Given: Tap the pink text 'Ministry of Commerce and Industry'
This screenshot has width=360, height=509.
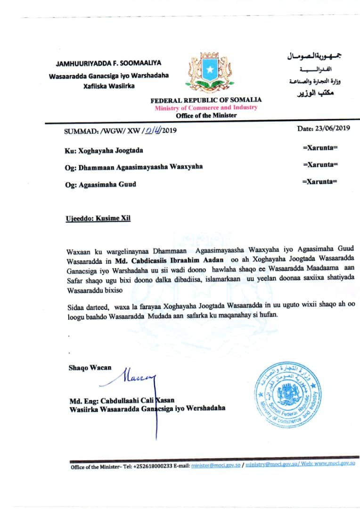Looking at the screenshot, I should [x=206, y=108].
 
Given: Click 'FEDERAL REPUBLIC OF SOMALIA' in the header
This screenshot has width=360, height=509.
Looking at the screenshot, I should [x=206, y=100].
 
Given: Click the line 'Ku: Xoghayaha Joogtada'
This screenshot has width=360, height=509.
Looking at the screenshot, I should [x=104, y=150].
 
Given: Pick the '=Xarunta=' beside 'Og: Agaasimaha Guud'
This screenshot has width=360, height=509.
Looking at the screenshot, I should [x=320, y=181].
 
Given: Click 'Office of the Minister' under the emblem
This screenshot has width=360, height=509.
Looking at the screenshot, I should [x=206, y=115].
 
